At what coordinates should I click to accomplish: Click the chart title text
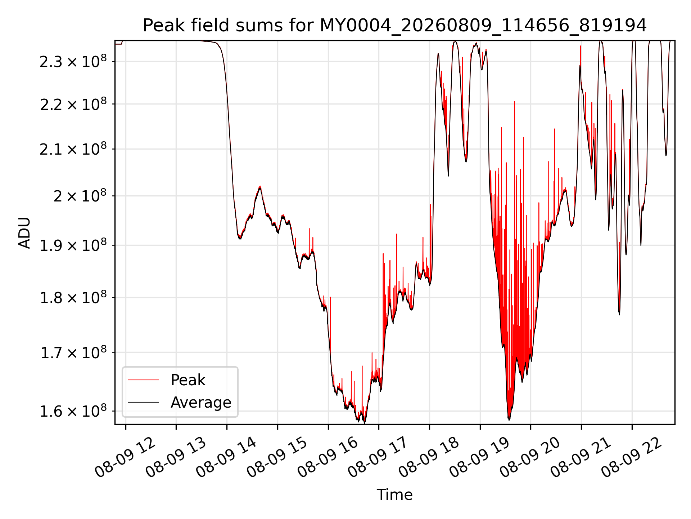pyautogui.click(x=395, y=26)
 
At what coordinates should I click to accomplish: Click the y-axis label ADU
pyautogui.click(x=24, y=232)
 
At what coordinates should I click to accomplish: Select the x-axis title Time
pyautogui.click(x=394, y=494)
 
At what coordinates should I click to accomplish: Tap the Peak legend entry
pyautogui.click(x=188, y=380)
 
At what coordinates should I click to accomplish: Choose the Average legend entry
pyautogui.click(x=201, y=402)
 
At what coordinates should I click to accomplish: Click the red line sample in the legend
pyautogui.click(x=143, y=380)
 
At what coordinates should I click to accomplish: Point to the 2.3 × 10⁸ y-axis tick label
pyautogui.click(x=73, y=61)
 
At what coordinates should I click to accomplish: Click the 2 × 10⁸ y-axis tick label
pyautogui.click(x=80, y=196)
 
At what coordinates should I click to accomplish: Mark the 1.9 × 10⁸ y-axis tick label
pyautogui.click(x=73, y=245)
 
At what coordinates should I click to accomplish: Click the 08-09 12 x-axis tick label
pyautogui.click(x=125, y=457)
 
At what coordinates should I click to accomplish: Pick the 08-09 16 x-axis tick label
pyautogui.click(x=328, y=457)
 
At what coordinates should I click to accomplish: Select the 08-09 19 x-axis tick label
pyautogui.click(x=480, y=457)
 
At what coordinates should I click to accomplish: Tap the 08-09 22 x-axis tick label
pyautogui.click(x=632, y=457)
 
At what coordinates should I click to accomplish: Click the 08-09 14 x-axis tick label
pyautogui.click(x=227, y=457)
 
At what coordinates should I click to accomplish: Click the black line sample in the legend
pyautogui.click(x=143, y=402)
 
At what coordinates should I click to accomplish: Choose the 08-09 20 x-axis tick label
pyautogui.click(x=530, y=457)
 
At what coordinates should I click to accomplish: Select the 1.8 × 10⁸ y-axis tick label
pyautogui.click(x=73, y=297)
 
